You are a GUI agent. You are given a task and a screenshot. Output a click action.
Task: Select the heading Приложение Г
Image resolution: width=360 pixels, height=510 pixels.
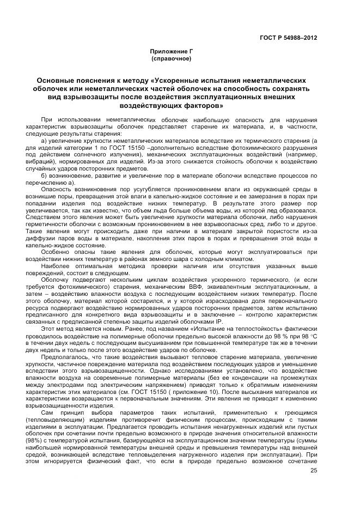click(x=172, y=51)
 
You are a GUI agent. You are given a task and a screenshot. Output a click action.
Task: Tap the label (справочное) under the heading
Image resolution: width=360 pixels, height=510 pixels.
click(x=172, y=57)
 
